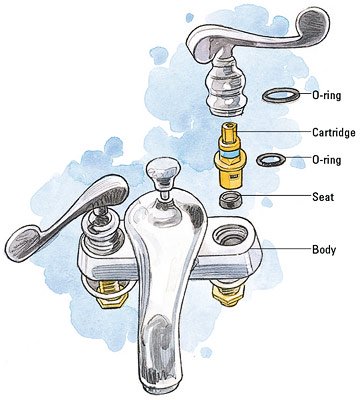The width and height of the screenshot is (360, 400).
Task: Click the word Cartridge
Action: point(333,132)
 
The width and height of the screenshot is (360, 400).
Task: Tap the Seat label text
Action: point(323,196)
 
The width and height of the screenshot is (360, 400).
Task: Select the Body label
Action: point(324,249)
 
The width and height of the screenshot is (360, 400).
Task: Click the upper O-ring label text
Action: point(326,95)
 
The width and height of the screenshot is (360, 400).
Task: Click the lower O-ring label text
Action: point(326,160)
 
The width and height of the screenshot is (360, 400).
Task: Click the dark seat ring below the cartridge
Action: point(230,199)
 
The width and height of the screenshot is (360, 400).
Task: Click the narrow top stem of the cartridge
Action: point(229,131)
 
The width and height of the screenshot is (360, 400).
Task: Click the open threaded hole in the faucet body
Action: point(230,234)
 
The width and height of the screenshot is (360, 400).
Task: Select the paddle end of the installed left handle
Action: point(24,242)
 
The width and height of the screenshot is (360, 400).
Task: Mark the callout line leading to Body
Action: point(286,249)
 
